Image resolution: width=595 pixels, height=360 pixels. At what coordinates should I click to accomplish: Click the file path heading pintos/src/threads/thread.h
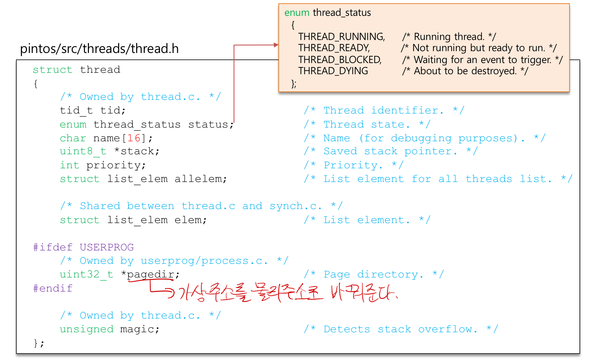(x=99, y=49)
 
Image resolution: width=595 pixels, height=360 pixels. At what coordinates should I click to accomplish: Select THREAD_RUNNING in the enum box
(x=341, y=37)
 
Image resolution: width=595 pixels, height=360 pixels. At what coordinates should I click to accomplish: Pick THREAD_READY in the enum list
(x=334, y=48)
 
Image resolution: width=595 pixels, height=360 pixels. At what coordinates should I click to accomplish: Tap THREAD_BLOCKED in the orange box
(x=339, y=59)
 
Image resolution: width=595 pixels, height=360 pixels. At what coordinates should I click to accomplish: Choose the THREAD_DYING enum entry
(x=333, y=71)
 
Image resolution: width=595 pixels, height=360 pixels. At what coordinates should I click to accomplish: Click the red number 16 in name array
(x=134, y=138)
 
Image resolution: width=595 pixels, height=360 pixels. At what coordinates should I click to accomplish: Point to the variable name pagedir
(x=151, y=275)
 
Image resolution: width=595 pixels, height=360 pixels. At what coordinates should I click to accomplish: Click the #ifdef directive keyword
(x=53, y=247)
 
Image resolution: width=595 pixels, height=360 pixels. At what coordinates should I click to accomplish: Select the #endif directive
(x=53, y=288)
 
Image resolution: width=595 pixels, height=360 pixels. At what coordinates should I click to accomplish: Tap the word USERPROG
(x=107, y=247)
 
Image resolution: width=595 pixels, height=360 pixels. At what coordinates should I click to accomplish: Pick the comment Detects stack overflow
(x=401, y=329)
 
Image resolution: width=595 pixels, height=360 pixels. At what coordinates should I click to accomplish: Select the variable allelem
(x=200, y=179)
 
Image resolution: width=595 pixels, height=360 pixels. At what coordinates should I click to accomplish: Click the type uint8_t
(x=83, y=151)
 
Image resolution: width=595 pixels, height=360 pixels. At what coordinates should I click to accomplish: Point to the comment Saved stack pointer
(x=390, y=151)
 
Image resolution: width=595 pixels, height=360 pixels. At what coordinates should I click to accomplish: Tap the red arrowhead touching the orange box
(x=276, y=45)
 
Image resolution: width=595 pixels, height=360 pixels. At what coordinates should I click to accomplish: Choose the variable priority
(x=116, y=165)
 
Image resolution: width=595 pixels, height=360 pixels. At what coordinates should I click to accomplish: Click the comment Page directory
(x=373, y=275)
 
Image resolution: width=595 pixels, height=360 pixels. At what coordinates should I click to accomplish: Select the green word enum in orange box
(x=297, y=13)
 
